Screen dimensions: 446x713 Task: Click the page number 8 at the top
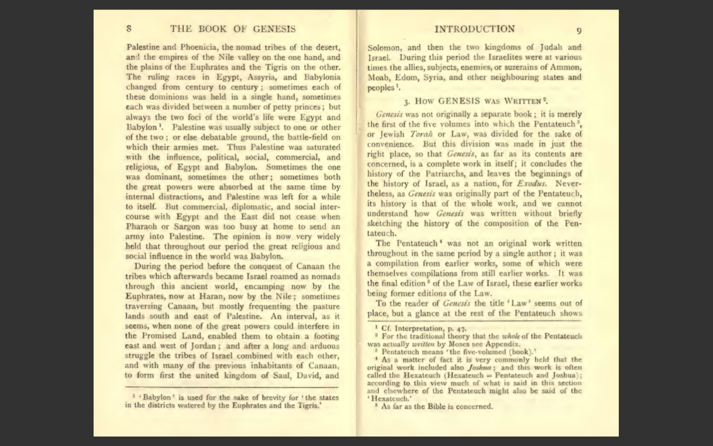point(129,29)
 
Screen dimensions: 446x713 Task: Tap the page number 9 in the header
point(579,31)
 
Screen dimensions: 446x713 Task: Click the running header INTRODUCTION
point(475,29)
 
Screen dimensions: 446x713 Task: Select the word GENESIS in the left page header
point(274,29)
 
